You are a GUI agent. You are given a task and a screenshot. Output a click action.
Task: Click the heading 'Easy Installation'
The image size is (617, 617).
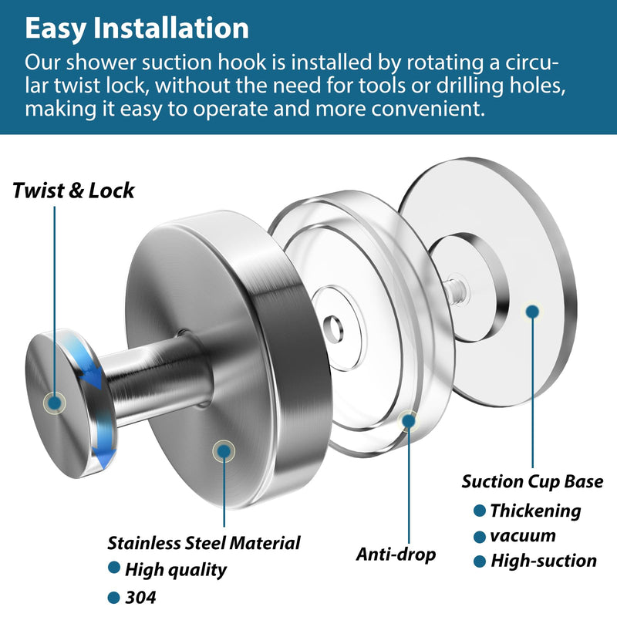click(x=137, y=29)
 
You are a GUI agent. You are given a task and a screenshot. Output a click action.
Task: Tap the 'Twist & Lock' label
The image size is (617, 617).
click(x=73, y=190)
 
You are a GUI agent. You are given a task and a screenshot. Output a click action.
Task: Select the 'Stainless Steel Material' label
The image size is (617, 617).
click(x=204, y=543)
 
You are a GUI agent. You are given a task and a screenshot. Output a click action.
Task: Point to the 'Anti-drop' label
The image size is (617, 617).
click(x=396, y=554)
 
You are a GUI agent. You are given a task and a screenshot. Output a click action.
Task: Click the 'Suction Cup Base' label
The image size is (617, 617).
click(x=532, y=481)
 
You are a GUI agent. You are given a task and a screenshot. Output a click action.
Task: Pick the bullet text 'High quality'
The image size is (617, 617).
click(x=176, y=569)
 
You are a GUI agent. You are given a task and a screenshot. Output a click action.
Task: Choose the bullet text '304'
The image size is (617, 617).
click(x=140, y=597)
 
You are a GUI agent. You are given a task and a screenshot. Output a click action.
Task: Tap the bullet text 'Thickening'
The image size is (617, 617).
click(x=535, y=511)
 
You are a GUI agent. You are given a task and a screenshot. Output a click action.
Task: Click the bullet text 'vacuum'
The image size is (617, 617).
click(x=523, y=536)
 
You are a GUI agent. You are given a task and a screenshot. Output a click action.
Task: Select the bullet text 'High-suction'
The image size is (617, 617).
click(x=544, y=561)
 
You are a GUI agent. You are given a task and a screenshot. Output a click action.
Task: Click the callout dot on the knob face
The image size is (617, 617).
click(x=55, y=403)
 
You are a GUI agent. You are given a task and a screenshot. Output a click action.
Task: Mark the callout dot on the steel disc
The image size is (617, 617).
click(x=224, y=451)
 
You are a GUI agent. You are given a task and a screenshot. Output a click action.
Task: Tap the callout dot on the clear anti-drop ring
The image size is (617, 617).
click(x=409, y=420)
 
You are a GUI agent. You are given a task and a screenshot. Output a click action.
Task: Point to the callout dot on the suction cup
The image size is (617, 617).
click(x=532, y=312)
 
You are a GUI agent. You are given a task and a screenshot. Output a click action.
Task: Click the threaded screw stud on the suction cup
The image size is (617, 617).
click(x=456, y=291)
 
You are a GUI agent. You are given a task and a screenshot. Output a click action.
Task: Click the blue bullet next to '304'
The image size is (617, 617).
click(x=113, y=597)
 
